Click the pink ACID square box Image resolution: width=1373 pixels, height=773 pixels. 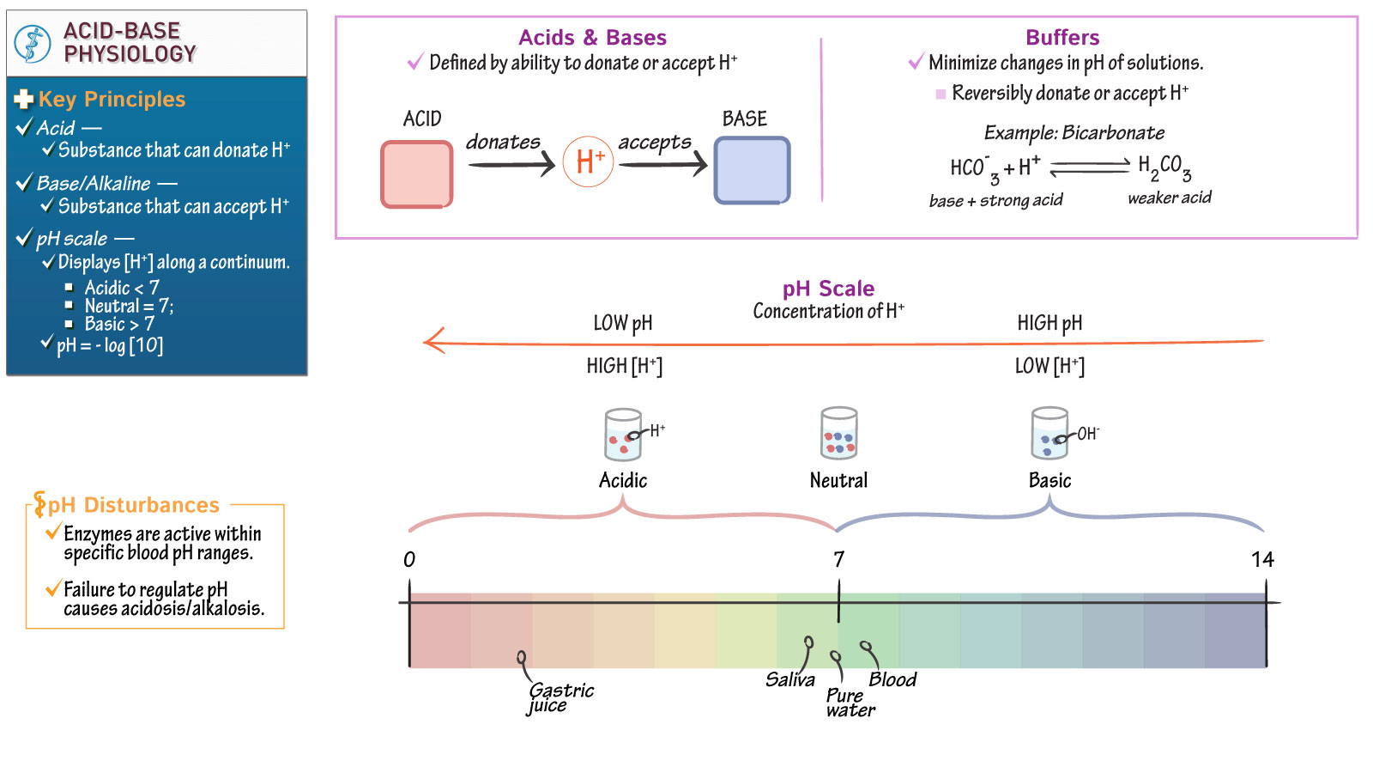pos(417,174)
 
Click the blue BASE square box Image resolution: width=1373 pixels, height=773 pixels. pos(752,171)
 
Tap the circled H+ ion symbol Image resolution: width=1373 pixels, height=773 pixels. pos(589,161)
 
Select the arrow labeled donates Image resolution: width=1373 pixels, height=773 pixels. pos(511,163)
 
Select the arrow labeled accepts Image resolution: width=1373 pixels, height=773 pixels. pos(662,163)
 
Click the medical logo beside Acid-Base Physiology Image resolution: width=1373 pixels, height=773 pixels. pos(33,43)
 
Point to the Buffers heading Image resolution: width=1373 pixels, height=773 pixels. pos(1062,38)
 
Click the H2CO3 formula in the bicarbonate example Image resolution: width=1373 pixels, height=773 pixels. pos(1164,167)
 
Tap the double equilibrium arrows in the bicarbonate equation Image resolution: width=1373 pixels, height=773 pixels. pos(1090,167)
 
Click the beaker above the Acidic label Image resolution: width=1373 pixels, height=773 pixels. pos(622,435)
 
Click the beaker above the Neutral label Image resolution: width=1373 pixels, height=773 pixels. pos(838,434)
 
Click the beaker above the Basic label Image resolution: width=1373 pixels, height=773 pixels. pos(1049,434)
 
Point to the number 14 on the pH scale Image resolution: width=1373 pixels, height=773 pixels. pos(1262,560)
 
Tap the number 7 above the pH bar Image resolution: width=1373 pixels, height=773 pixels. pos(838,560)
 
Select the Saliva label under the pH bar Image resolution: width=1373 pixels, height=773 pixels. pos(789,680)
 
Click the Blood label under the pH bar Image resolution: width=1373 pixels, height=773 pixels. pos(892,680)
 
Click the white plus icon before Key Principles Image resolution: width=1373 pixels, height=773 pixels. pos(23,100)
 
